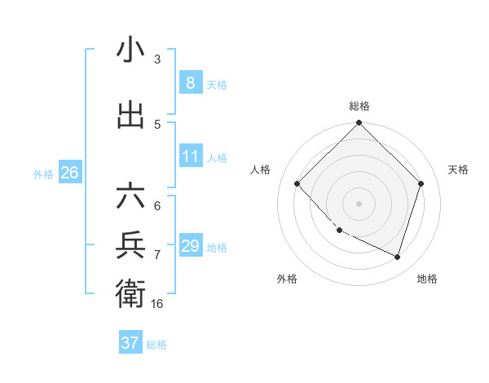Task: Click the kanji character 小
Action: (130, 51)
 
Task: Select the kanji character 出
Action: (130, 116)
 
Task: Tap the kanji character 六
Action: (130, 197)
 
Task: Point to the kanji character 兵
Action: (130, 244)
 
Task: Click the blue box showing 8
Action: (190, 83)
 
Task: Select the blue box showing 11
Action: (190, 156)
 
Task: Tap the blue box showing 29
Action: (190, 246)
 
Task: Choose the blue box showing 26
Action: (69, 173)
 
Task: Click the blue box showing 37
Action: (130, 343)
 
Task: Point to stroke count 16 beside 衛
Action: (157, 304)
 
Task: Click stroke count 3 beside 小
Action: (157, 59)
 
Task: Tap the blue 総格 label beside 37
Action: (156, 345)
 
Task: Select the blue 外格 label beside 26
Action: (43, 174)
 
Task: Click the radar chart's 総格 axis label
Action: (359, 106)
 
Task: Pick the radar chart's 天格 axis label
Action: (459, 169)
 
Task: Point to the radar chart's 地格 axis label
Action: (427, 279)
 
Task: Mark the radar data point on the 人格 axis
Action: (297, 184)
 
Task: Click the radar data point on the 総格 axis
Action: (359, 124)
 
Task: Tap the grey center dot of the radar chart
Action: (359, 203)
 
